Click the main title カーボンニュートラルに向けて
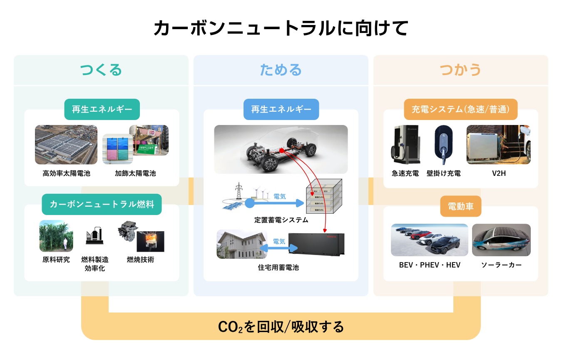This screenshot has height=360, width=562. pos(281,29)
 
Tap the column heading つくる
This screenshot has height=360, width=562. pos(101,70)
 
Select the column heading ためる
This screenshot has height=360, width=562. pos(281,70)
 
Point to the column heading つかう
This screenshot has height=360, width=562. pos(460,70)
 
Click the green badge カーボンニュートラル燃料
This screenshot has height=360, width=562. pos(102,205)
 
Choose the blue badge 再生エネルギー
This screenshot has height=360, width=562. pos(281,109)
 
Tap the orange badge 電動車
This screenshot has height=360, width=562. pos(460,206)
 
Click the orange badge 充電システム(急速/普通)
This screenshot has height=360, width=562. pos(460,109)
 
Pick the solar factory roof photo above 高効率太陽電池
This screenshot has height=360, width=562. pos(66,145)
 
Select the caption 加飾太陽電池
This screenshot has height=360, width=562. pos(135,173)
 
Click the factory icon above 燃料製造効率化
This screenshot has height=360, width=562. pos(94,236)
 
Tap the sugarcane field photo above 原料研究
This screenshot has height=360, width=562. pos(56,236)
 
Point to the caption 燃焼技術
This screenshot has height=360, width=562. pos(140,260)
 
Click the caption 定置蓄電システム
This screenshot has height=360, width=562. pos(281,220)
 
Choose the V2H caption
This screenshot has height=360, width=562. pos(498,173)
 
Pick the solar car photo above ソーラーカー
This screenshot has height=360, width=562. pos(501,240)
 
